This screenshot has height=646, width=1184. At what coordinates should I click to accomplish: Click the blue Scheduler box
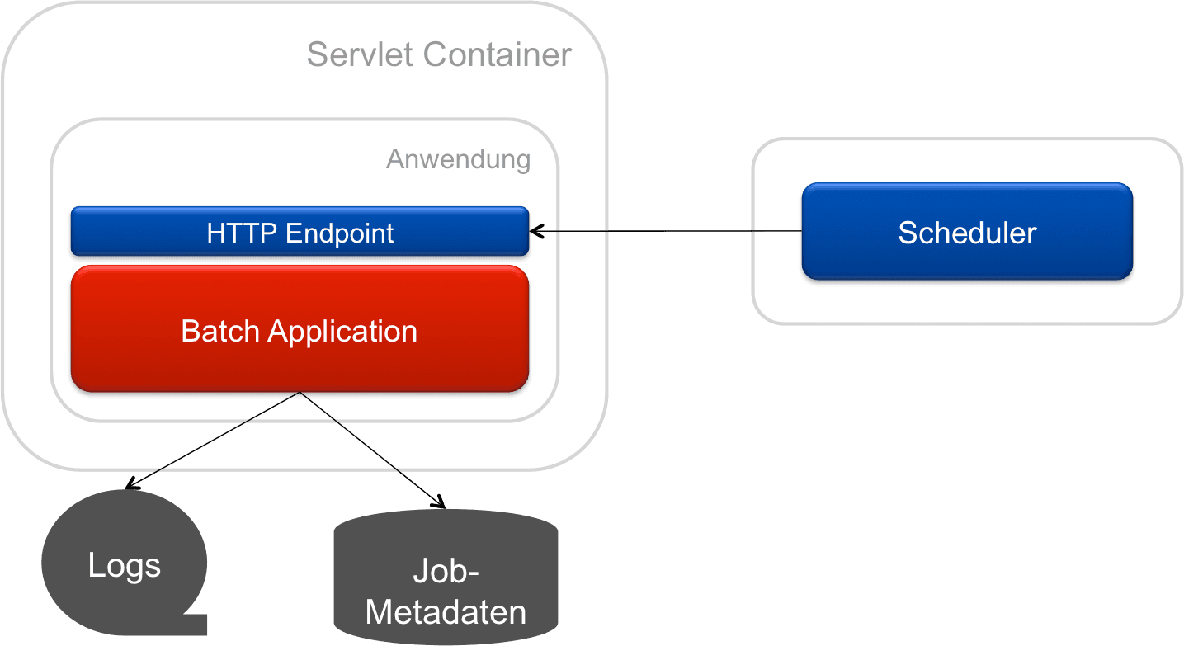coord(967,232)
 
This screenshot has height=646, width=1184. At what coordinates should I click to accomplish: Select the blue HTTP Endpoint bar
coord(300,233)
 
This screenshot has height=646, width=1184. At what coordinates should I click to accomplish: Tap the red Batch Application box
coord(300,330)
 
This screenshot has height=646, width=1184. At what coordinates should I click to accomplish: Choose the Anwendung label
coord(458,158)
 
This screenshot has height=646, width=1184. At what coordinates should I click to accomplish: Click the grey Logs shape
coord(124,565)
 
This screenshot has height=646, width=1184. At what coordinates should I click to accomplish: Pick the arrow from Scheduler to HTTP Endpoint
coord(668,232)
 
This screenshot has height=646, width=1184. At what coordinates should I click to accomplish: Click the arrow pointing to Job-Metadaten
coord(371,450)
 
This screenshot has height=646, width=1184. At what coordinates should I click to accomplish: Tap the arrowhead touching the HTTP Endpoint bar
coord(536,232)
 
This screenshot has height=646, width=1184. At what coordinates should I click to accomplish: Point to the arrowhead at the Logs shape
coord(130,486)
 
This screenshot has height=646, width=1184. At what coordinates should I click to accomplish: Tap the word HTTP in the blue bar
coord(243,233)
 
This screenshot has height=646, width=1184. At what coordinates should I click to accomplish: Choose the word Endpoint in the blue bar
coord(340,233)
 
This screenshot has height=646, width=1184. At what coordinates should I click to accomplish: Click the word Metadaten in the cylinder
coord(446,612)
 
